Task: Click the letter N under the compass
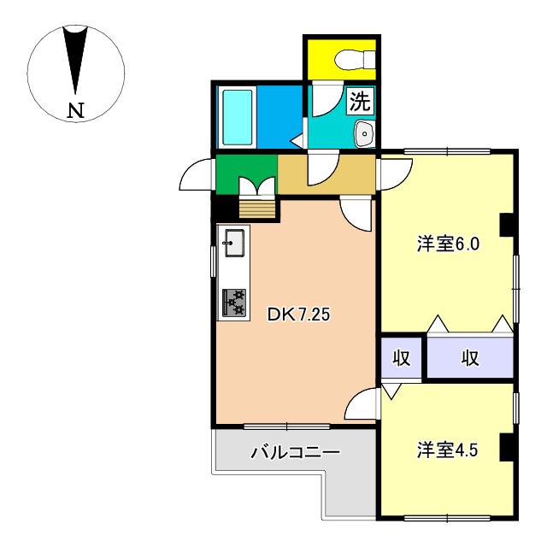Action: pos(76,110)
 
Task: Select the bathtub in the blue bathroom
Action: pos(238,118)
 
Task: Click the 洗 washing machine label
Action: pos(360,101)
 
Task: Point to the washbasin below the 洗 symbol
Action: pos(365,133)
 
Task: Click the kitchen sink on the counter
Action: pos(234,243)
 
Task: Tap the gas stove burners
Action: pos(234,303)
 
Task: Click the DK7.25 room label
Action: pos(298,315)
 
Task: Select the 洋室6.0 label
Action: pos(448,244)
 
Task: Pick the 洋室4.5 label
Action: pos(448,450)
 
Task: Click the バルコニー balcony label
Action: pos(295,452)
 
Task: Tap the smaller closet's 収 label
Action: pos(402,357)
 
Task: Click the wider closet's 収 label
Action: pos(470,357)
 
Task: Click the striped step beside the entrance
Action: pos(257,209)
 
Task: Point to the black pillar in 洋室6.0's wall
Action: pos(507,225)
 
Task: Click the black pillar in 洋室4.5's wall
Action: pos(507,447)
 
